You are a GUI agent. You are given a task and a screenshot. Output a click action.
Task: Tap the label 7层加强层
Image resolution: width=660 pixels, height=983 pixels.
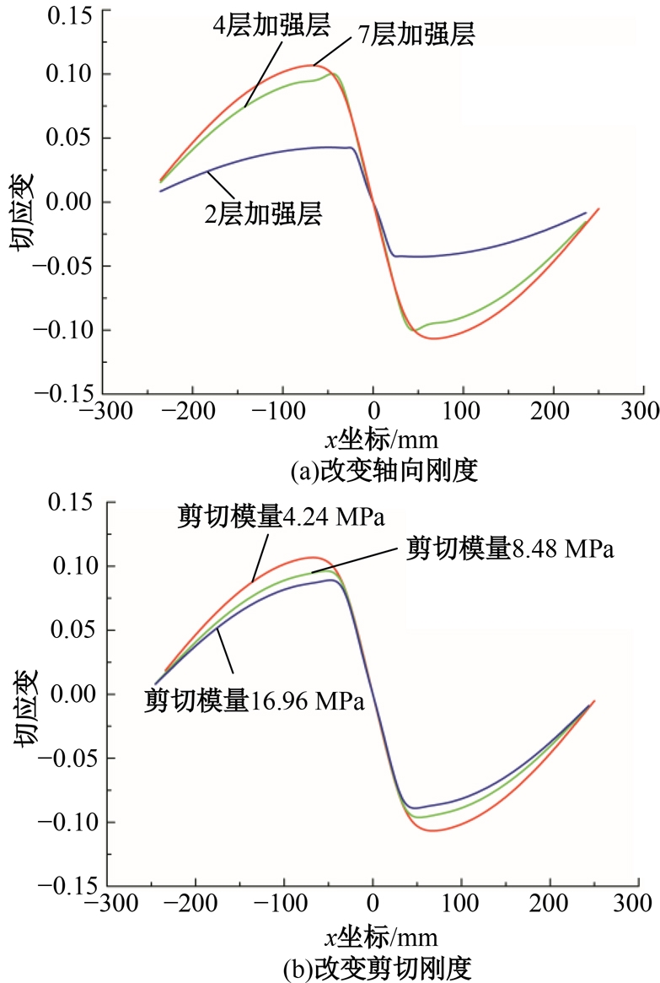pos(415,35)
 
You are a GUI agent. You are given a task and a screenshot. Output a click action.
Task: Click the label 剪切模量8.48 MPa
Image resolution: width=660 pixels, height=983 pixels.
pos(511,548)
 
